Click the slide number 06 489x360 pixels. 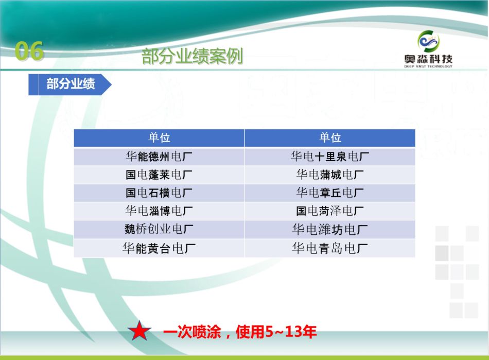point(29,50)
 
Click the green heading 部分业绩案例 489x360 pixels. point(192,56)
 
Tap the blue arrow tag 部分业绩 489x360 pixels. point(70,84)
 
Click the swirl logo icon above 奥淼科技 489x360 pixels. point(428,41)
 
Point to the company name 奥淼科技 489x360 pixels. point(428,59)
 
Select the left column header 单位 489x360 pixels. point(159,138)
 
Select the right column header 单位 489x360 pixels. point(330,138)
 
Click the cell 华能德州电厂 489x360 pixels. point(159,156)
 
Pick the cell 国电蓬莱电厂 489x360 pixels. point(159,175)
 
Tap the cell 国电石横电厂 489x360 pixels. point(159,193)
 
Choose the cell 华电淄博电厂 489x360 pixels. point(159,211)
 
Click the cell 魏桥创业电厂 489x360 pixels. point(159,229)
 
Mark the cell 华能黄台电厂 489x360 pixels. point(159,248)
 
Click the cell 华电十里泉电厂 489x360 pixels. point(330,156)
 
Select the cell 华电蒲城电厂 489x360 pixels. point(330,175)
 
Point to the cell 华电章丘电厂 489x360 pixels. point(330,193)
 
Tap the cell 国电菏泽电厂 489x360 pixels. point(330,211)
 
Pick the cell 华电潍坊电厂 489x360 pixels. point(330,230)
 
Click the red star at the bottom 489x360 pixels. point(139,331)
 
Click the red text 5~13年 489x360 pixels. point(291,331)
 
